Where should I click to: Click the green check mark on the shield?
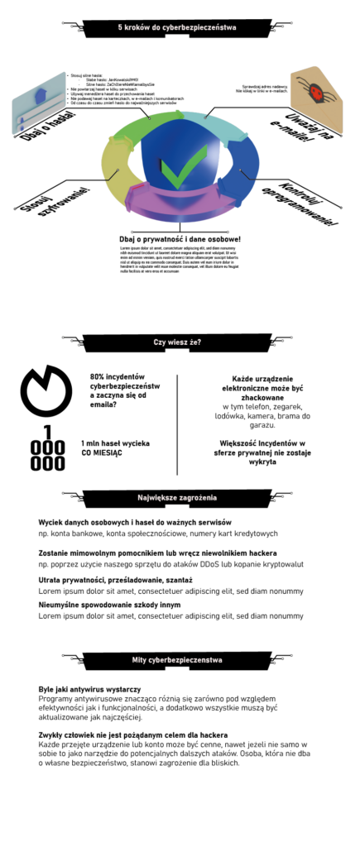pyautogui.click(x=176, y=170)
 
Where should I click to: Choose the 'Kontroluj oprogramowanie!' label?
pyautogui.click(x=308, y=203)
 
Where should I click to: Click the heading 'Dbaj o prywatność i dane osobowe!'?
pyautogui.click(x=180, y=240)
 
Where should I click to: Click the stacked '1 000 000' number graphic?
pyautogui.click(x=47, y=447)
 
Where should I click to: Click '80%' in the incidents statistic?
pyautogui.click(x=98, y=376)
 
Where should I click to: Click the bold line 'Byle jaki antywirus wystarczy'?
pyautogui.click(x=89, y=688)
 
